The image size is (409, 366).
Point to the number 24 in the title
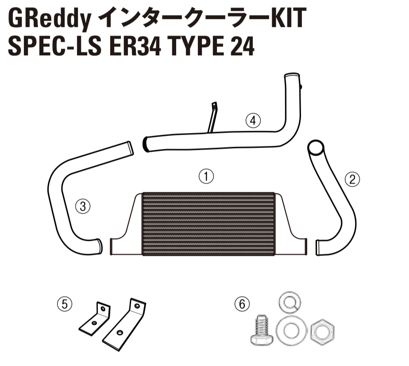tap(242, 46)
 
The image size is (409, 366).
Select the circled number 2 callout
tap(352, 179)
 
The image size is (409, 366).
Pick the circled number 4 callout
tap(253, 120)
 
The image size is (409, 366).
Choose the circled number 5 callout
tap(65, 304)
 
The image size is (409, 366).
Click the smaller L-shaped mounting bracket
tap(96, 319)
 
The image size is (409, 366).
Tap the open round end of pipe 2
tap(316, 147)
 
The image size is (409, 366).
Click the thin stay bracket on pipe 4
tap(212, 117)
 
